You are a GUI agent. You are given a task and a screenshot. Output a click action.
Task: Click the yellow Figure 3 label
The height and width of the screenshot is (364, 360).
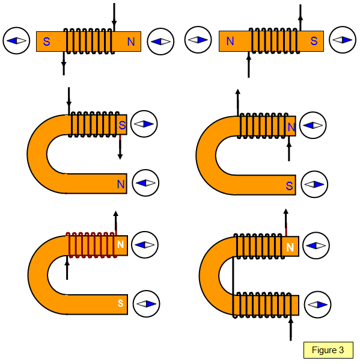click(x=328, y=350)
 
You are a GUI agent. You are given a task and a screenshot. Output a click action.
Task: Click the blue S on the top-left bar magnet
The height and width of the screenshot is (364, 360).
click(x=46, y=42)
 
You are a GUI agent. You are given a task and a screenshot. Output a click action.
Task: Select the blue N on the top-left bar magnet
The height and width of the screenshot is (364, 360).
click(x=131, y=42)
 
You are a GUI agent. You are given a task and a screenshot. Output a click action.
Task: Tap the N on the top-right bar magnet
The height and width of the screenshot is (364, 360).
click(x=230, y=41)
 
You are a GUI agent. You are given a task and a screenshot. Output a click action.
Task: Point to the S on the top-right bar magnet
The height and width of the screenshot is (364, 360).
click(x=314, y=41)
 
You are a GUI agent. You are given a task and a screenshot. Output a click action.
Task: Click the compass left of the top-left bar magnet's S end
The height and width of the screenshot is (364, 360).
click(x=16, y=41)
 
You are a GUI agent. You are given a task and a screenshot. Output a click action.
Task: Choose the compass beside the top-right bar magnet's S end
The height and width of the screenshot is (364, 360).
click(x=343, y=40)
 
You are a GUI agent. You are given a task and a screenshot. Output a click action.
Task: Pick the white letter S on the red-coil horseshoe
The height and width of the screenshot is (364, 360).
click(x=120, y=303)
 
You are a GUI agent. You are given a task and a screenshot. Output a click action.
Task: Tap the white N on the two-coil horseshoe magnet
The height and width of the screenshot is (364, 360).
click(x=290, y=247)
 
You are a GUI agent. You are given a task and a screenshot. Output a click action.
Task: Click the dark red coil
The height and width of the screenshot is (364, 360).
click(x=91, y=245)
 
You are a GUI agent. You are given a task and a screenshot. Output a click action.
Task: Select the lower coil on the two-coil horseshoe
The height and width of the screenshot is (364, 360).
click(x=262, y=305)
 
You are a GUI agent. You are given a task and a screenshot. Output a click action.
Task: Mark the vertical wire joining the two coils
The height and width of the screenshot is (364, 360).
click(x=233, y=276)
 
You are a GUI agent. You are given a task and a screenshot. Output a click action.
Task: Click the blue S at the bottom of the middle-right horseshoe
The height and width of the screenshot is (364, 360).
click(x=289, y=186)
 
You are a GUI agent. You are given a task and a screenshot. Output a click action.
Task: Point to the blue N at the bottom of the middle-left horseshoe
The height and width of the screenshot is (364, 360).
click(x=121, y=184)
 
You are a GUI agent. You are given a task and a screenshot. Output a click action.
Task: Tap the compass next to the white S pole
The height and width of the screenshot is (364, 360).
click(x=147, y=304)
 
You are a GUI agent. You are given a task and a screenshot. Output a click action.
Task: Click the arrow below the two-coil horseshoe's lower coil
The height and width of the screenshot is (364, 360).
click(x=291, y=329)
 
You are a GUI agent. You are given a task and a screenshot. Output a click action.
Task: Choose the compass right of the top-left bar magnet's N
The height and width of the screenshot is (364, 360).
click(x=160, y=42)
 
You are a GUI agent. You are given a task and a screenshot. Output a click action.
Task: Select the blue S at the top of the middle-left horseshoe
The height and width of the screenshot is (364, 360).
click(x=122, y=125)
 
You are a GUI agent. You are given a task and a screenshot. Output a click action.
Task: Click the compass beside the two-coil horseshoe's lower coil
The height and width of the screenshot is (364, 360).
click(x=317, y=304)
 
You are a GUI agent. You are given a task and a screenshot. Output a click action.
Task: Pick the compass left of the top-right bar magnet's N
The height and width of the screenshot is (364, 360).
click(x=198, y=40)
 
